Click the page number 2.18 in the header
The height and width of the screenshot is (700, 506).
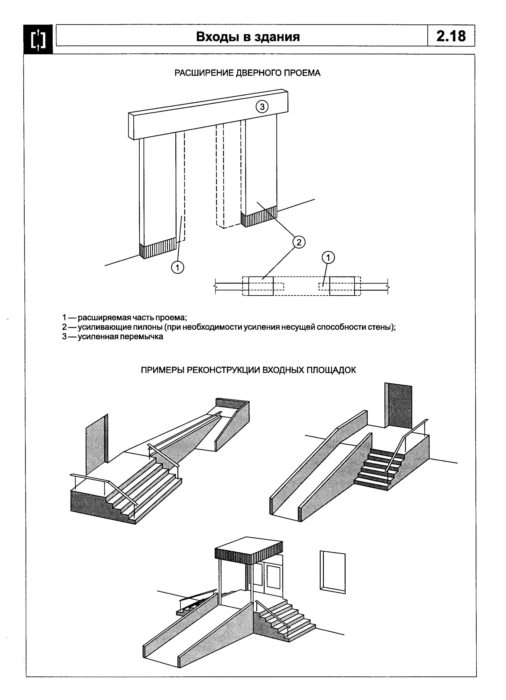tap(451, 36)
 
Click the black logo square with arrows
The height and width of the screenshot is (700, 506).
tap(38, 39)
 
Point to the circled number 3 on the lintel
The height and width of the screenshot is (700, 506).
tap(262, 107)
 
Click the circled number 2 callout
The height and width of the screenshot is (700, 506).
tap(299, 242)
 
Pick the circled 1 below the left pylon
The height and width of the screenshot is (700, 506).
tap(178, 267)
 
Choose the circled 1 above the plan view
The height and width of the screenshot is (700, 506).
tap(328, 257)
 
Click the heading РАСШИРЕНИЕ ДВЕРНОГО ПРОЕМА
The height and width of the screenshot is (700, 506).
tap(247, 73)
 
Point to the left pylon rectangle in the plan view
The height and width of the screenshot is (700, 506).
tap(261, 286)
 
